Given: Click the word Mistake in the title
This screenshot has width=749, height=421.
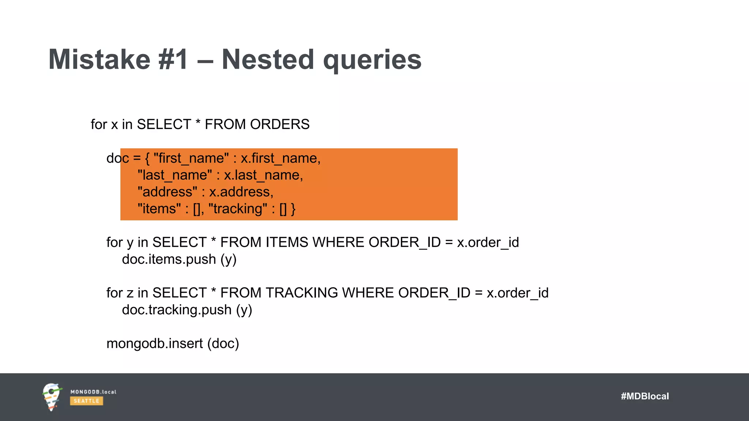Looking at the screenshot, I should coord(99,60).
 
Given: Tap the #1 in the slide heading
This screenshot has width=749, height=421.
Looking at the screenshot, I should coord(173,60).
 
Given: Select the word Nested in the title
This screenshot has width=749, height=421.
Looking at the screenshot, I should coord(268,60).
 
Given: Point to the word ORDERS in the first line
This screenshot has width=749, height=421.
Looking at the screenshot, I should coord(280,125).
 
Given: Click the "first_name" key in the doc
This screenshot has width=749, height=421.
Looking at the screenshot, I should coord(191,159).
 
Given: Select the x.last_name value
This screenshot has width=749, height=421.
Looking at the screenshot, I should coord(263,175).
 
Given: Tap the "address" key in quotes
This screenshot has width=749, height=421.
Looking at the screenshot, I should coord(168,192).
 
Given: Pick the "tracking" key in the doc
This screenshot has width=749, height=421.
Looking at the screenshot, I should coord(238,209).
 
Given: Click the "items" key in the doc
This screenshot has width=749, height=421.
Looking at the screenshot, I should coord(159,209).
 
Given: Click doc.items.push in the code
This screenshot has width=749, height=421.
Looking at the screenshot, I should coord(169,259).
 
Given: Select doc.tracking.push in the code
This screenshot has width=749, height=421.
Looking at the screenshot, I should coord(177,310).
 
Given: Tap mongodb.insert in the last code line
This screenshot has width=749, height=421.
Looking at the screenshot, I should coord(154,344).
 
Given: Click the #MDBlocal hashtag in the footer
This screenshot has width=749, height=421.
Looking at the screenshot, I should coord(645,397).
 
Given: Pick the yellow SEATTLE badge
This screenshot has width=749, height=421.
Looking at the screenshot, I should coord(86,401).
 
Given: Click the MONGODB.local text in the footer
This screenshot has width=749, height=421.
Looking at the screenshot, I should coord(93,392).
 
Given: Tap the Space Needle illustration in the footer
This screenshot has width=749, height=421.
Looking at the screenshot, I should coord(51,397).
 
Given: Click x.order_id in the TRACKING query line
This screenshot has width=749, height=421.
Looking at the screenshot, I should coord(517,293).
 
